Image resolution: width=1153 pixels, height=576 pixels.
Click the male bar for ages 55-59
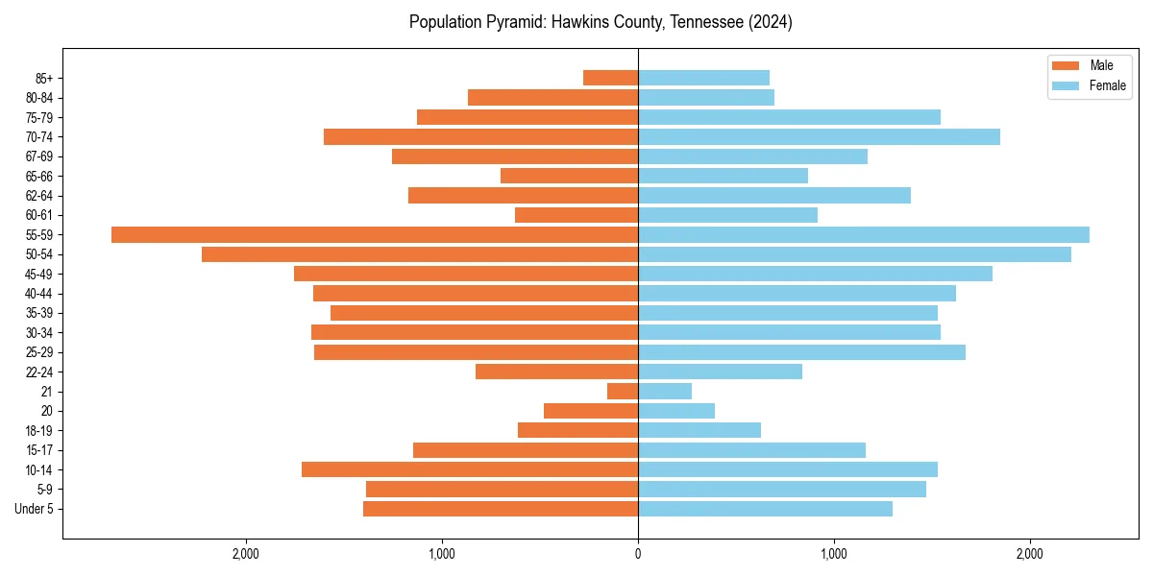click(x=375, y=234)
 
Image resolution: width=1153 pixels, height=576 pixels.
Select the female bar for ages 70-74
click(x=819, y=136)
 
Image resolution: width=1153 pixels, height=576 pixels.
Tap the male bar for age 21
click(x=623, y=391)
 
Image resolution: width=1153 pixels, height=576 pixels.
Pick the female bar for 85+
click(x=703, y=78)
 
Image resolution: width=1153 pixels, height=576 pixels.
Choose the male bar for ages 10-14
click(x=470, y=469)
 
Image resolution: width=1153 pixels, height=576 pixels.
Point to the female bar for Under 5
click(x=765, y=509)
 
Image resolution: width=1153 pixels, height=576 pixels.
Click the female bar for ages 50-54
click(x=854, y=254)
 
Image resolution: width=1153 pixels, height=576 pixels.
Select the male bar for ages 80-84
click(x=552, y=97)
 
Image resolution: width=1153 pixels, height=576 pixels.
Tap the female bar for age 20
click(x=676, y=411)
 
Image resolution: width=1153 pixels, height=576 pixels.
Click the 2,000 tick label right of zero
click(x=1029, y=554)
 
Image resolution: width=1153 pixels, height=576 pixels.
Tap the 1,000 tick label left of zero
click(x=442, y=554)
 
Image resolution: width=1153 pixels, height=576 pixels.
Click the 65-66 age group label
click(x=38, y=176)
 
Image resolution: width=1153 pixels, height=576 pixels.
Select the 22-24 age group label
click(x=38, y=372)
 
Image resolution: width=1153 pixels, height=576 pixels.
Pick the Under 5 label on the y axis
click(x=34, y=509)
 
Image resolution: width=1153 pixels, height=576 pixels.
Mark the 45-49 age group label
click(x=38, y=274)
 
